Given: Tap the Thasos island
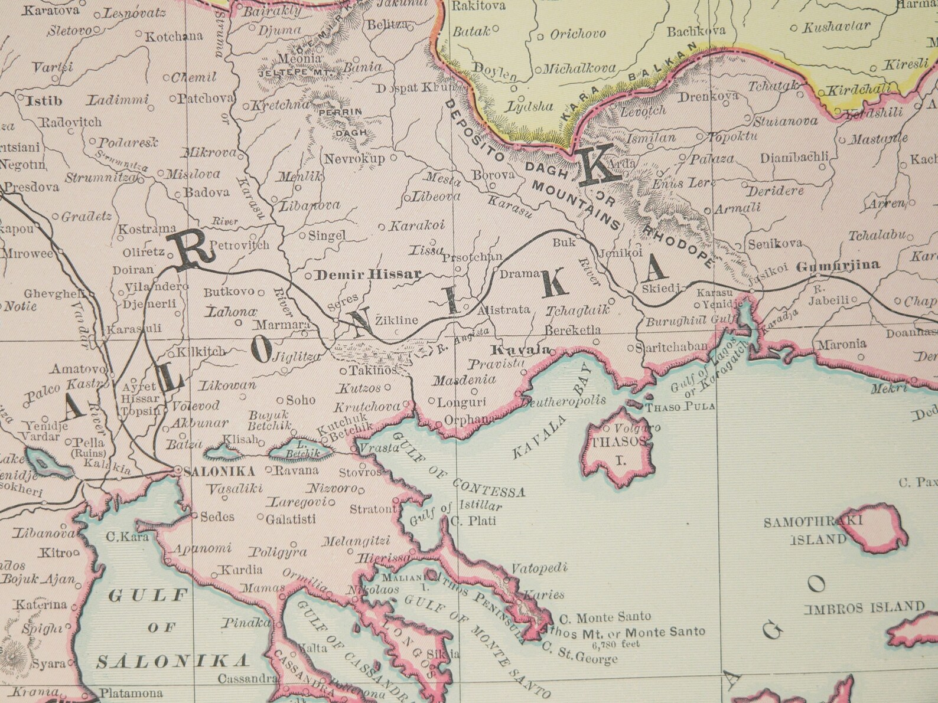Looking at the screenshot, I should point(618,449).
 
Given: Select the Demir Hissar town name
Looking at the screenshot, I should point(369,274).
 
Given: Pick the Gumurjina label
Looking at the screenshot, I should point(838,266).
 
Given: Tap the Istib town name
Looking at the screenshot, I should point(43,100).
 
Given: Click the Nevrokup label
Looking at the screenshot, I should point(354,158).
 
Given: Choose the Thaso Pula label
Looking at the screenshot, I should point(680,407).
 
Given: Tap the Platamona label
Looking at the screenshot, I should point(123,693).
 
